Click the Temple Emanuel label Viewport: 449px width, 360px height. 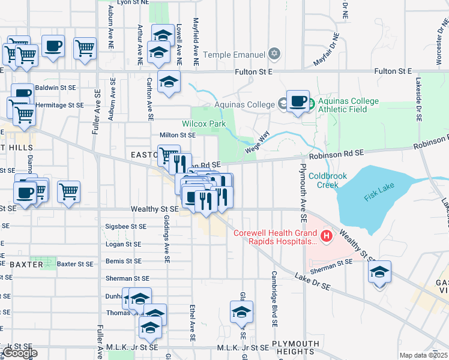234,55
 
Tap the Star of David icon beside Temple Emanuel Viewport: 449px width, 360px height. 275,55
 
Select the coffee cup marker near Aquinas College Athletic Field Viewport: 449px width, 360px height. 298,101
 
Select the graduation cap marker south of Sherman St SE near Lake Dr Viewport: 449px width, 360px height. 379,273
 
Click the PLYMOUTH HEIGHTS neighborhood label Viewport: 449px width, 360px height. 296,348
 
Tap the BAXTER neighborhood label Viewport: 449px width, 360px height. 26,264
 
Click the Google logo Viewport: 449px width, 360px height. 20,353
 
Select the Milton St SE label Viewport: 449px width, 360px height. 177,135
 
